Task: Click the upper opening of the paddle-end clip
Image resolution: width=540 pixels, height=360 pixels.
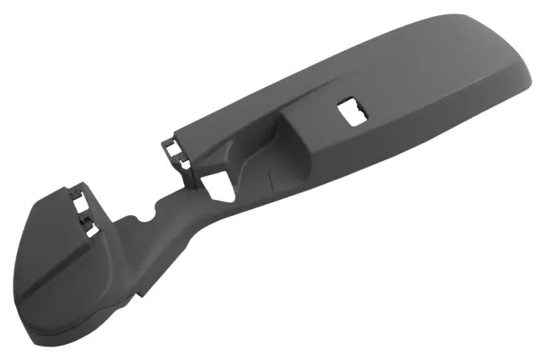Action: tap(83, 202)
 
